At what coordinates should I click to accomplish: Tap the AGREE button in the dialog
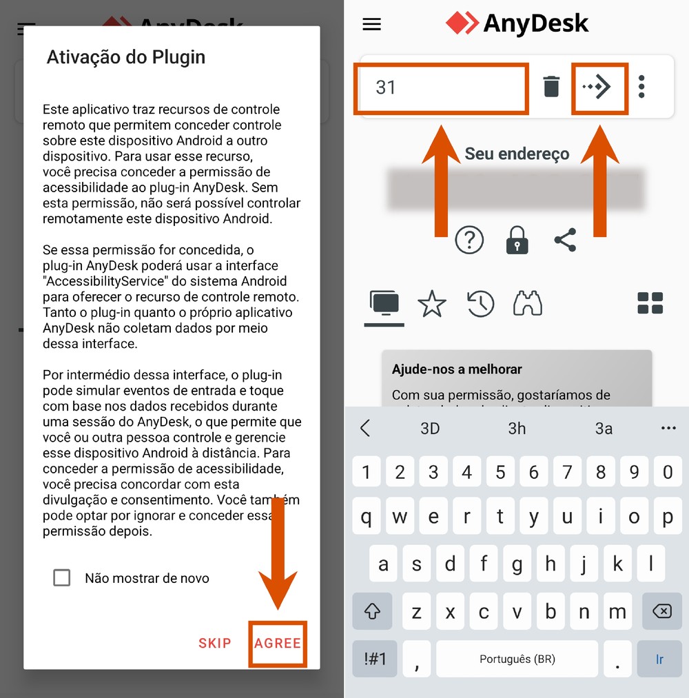pos(278,644)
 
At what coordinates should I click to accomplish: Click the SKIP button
pos(215,644)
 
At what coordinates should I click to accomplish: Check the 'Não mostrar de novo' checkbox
pos(62,578)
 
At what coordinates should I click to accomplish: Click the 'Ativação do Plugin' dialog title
pos(126,57)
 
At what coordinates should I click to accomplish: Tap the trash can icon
pos(551,87)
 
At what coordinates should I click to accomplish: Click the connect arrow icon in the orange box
pos(598,87)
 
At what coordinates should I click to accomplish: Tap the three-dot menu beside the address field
pos(642,87)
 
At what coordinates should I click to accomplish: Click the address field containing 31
pos(441,88)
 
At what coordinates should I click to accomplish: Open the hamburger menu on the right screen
pos(372,25)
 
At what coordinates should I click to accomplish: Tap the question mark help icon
pos(470,240)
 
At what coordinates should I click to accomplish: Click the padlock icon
pos(517,240)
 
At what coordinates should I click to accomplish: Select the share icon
pos(565,240)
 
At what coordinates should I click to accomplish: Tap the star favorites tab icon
pos(432,304)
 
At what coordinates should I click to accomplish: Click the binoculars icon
pos(528,303)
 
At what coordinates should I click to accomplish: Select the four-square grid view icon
pos(650,303)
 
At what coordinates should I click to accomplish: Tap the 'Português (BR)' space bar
pos(517,659)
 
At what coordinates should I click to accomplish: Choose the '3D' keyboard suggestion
pos(430,429)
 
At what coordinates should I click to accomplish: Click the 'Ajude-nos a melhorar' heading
pos(457,369)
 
